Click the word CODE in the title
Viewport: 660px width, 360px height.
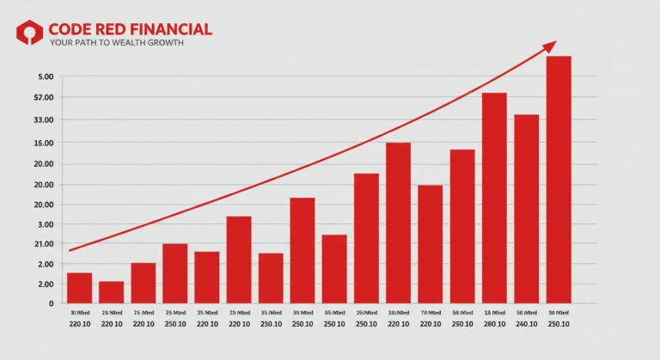pyautogui.click(x=71, y=29)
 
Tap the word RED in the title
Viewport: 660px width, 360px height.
pyautogui.click(x=113, y=29)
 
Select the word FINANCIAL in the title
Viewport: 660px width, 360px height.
pyautogui.click(x=171, y=29)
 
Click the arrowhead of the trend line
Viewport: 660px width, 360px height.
pyautogui.click(x=550, y=46)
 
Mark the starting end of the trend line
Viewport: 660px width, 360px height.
pyautogui.click(x=70, y=250)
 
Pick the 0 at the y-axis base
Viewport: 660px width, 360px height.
pyautogui.click(x=51, y=303)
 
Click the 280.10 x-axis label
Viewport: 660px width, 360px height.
pyautogui.click(x=494, y=325)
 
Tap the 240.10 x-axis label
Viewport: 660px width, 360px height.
pyautogui.click(x=526, y=325)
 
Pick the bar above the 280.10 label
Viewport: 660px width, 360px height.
pyautogui.click(x=494, y=197)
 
